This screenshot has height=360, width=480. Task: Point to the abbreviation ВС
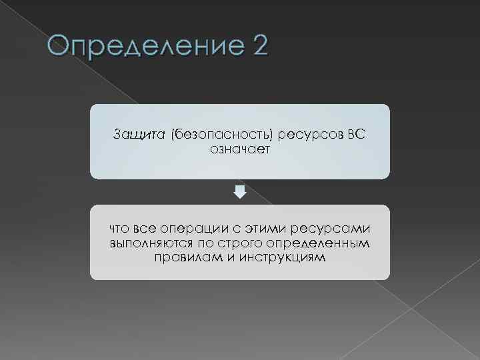point(356,135)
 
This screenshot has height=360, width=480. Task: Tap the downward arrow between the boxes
point(240,192)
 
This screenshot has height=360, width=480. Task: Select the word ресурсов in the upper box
point(306,135)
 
